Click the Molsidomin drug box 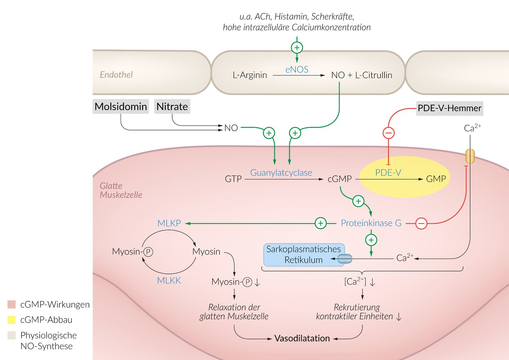[x=121, y=107]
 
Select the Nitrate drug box [x=172, y=107]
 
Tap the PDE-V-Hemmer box [x=449, y=108]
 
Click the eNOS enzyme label [x=297, y=69]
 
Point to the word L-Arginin [x=250, y=75]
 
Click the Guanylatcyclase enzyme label [x=281, y=173]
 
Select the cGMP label [x=339, y=179]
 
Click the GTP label [x=233, y=179]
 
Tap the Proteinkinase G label [x=371, y=223]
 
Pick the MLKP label [x=169, y=223]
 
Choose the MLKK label [x=169, y=280]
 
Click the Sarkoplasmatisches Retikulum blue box [x=303, y=254]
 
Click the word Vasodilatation [x=302, y=338]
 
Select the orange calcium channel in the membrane [x=470, y=156]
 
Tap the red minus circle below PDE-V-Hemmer [x=388, y=133]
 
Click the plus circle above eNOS [x=297, y=48]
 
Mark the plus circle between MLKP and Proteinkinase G [x=320, y=223]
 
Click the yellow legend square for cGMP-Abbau [x=12, y=320]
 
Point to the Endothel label [x=116, y=75]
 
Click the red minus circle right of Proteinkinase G [x=421, y=224]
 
